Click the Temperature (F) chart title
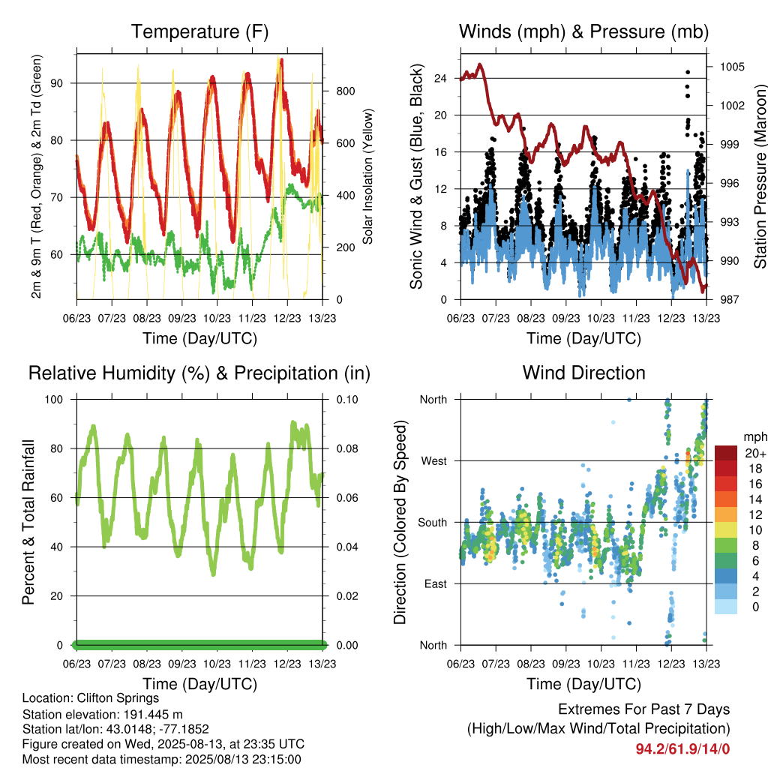(x=199, y=31)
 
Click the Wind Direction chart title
(x=583, y=373)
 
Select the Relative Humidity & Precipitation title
(x=199, y=373)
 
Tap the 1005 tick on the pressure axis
(x=732, y=67)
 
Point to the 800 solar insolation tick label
(x=345, y=91)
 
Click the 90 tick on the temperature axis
(x=57, y=83)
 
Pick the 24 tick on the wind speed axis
(x=440, y=78)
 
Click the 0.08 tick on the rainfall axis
(x=347, y=448)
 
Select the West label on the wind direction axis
(x=434, y=461)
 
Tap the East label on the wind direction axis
(x=436, y=583)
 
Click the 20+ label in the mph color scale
(x=755, y=453)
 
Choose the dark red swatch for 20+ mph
(x=726, y=453)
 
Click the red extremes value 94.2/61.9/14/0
(x=682, y=749)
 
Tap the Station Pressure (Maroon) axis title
(x=760, y=176)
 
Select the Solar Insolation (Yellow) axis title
(x=367, y=176)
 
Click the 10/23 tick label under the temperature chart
(x=217, y=318)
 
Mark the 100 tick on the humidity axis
(x=54, y=400)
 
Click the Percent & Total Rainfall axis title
(x=28, y=522)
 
